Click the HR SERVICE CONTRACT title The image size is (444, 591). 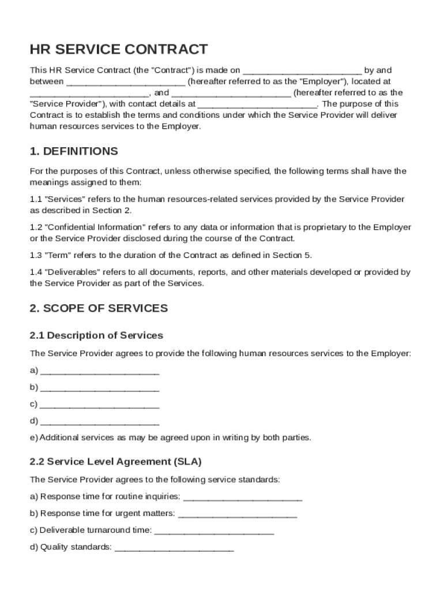(x=119, y=49)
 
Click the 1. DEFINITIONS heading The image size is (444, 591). (x=74, y=152)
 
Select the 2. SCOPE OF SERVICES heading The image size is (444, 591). (x=99, y=308)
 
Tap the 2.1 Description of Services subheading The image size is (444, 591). (x=96, y=335)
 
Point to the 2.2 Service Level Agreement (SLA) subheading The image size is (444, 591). (x=115, y=462)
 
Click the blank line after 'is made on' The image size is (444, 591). (x=302, y=71)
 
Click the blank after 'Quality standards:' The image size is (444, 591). (x=174, y=547)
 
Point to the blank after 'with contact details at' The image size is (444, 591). (x=257, y=104)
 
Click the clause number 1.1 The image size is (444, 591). (x=35, y=199)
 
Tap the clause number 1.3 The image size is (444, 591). (x=35, y=255)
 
